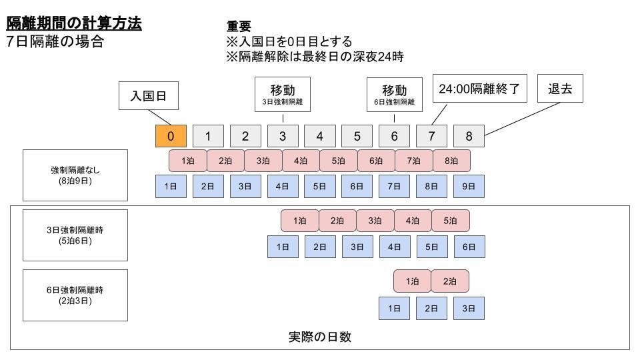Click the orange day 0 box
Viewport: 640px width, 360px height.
click(171, 136)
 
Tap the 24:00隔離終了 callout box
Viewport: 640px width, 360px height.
click(479, 89)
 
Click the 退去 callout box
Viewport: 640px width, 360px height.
click(560, 89)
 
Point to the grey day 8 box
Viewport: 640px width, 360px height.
click(469, 136)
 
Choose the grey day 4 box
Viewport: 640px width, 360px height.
click(320, 136)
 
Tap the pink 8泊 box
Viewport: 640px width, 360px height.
click(451, 161)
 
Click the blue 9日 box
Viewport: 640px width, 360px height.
click(469, 187)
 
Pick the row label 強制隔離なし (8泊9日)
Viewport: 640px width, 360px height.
click(75, 175)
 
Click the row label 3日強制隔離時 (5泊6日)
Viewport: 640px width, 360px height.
click(75, 235)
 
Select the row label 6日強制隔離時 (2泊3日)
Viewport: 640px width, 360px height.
click(75, 295)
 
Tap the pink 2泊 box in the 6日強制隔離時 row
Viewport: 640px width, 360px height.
click(450, 281)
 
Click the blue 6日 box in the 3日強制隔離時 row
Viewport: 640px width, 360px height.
click(469, 247)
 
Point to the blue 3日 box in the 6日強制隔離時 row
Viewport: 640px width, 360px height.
click(469, 308)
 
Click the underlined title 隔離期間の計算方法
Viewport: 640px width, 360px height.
click(74, 23)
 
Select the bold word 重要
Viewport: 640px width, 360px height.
click(239, 27)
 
